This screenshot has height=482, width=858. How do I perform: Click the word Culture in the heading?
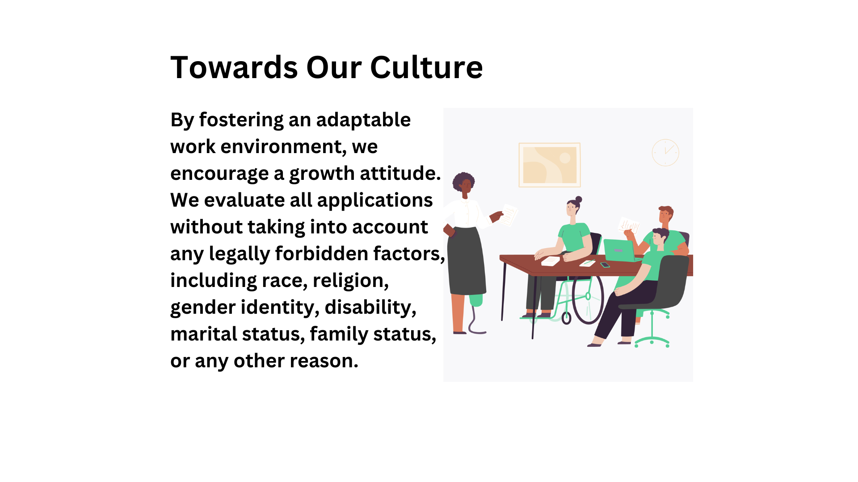(426, 67)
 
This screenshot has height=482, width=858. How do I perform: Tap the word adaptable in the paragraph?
(363, 120)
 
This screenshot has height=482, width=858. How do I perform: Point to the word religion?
(351, 281)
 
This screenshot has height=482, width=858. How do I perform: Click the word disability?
(370, 307)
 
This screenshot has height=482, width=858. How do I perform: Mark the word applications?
(375, 201)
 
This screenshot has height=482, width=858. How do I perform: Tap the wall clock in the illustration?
(665, 152)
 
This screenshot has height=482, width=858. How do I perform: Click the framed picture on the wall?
(550, 165)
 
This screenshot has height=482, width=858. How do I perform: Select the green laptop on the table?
(619, 250)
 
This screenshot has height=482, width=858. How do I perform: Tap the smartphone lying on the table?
(605, 265)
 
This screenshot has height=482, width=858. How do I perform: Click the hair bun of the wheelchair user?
(579, 199)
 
